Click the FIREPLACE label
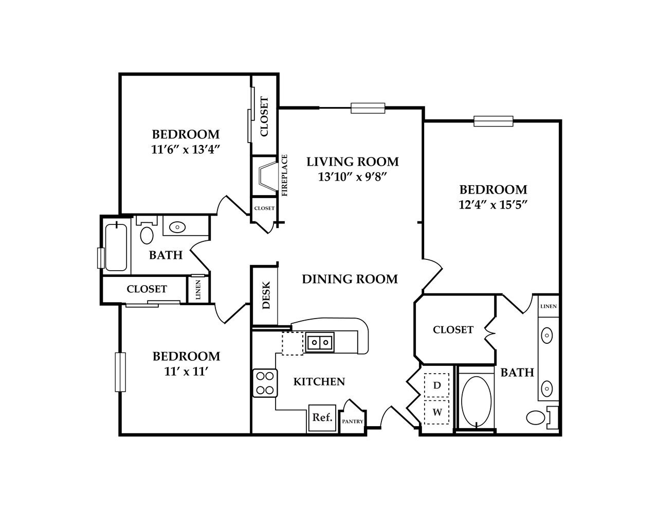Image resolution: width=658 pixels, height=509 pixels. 284,175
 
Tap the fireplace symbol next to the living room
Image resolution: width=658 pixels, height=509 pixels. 266,175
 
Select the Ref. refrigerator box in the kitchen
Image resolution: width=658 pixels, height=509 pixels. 322,417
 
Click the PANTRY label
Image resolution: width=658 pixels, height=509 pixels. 353,422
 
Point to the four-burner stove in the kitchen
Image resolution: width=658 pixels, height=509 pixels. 265,383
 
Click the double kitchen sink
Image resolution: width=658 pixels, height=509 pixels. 320,342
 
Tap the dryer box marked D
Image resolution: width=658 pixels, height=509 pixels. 437,385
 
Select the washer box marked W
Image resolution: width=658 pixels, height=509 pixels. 437,412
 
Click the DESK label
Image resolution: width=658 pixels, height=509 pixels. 266,296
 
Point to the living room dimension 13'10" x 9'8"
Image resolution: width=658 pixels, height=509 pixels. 352,177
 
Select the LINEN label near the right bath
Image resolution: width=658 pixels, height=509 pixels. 548,306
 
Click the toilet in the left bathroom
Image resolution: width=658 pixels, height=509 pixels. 147,234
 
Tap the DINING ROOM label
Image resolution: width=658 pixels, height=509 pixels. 350,279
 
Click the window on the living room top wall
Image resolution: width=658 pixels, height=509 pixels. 368,108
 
